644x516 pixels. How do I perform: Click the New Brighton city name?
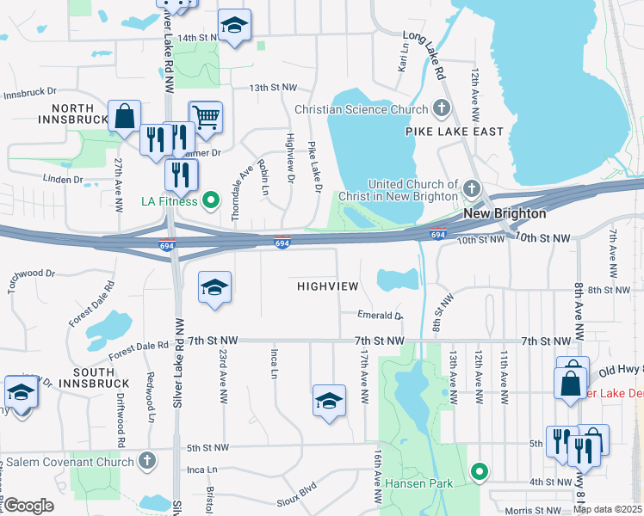point(505,213)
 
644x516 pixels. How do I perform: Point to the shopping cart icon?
point(205,116)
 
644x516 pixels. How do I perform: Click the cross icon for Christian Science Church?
point(442,109)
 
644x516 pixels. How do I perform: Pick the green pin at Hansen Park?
point(480,471)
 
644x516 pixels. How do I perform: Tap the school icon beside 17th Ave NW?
point(328,402)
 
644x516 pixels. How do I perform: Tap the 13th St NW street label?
point(273,88)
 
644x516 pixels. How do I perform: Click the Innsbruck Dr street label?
point(28,91)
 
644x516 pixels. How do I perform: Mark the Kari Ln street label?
point(401,59)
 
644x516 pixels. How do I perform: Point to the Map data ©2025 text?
point(607,509)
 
